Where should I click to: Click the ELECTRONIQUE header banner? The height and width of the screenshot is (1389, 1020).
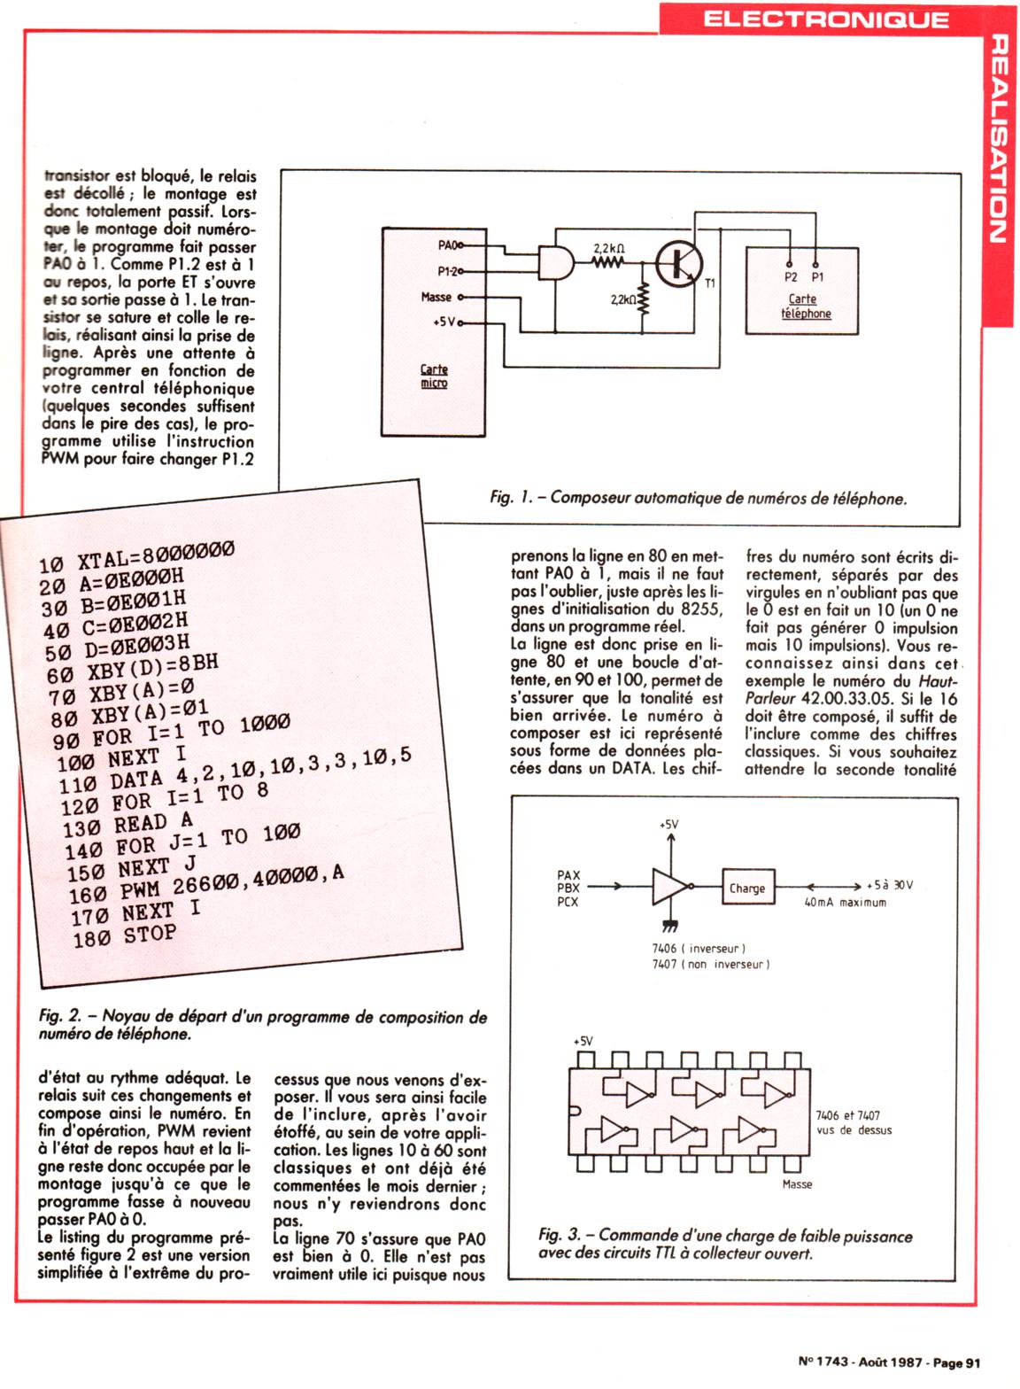825,19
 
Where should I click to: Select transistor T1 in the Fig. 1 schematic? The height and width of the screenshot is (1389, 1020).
678,263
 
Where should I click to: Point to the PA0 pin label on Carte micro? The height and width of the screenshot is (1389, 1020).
450,244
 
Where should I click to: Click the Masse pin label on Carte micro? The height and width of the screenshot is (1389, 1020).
437,298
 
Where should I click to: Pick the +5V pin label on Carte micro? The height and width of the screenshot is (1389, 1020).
443,322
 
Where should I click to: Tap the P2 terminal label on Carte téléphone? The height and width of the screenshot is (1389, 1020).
791,277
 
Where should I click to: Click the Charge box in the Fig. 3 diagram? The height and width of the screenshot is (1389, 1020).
746,888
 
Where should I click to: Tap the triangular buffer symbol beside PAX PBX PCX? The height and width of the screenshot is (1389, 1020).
669,886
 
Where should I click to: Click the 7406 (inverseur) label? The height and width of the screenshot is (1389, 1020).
699,948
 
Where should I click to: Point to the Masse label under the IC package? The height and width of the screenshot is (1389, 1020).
797,1184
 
